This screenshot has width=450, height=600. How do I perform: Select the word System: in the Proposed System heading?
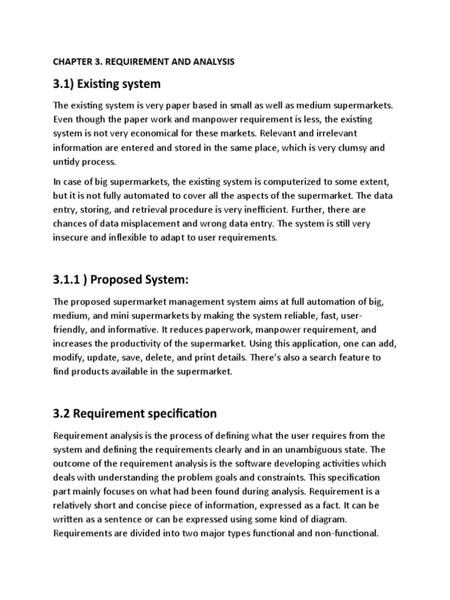167,281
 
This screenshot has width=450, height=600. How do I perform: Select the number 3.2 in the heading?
62,414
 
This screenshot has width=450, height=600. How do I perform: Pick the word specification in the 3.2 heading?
181,414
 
